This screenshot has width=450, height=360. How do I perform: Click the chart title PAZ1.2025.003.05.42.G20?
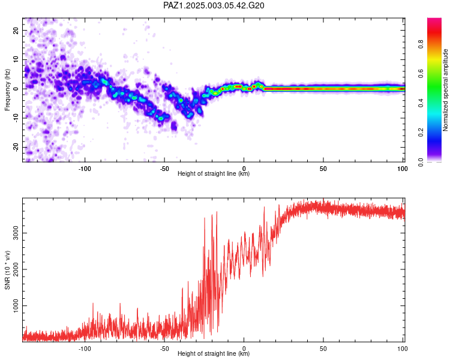pyautogui.click(x=214, y=5)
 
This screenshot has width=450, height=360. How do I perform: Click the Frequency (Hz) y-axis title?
pyautogui.click(x=7, y=90)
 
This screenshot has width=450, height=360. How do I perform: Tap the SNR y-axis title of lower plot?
pyautogui.click(x=7, y=270)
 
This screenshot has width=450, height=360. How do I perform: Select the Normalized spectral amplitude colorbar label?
pyautogui.click(x=445, y=90)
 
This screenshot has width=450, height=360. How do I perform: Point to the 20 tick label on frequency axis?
pyautogui.click(x=16, y=30)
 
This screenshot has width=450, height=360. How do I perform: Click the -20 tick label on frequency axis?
pyautogui.click(x=16, y=147)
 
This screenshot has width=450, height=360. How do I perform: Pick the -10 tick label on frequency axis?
pyautogui.click(x=16, y=118)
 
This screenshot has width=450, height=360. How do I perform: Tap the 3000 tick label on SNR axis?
pyautogui.click(x=16, y=233)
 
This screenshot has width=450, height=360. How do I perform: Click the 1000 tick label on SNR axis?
pyautogui.click(x=16, y=306)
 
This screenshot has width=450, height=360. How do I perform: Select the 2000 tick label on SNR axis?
pyautogui.click(x=16, y=269)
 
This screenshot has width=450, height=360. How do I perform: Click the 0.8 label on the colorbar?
pyautogui.click(x=421, y=44)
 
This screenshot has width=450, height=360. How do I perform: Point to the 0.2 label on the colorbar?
pyautogui.click(x=421, y=133)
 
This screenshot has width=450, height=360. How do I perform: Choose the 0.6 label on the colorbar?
pyautogui.click(x=421, y=74)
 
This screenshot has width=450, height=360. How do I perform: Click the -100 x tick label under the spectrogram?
pyautogui.click(x=85, y=169)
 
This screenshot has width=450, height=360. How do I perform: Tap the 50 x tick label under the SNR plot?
pyautogui.click(x=323, y=349)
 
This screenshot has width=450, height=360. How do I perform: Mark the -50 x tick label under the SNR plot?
pyautogui.click(x=164, y=349)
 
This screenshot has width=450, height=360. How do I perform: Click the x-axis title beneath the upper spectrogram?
pyautogui.click(x=214, y=173)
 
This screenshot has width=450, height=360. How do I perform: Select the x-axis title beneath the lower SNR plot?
pyautogui.click(x=214, y=353)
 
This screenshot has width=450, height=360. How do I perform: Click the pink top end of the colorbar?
pyautogui.click(x=434, y=19)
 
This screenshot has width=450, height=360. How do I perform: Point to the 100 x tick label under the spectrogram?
pyautogui.click(x=403, y=169)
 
